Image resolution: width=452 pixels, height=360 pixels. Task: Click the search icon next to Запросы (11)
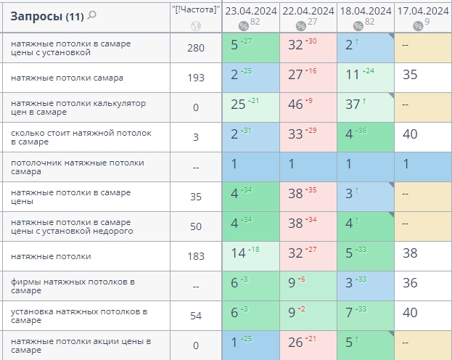92,15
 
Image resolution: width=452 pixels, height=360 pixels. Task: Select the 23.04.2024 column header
250,11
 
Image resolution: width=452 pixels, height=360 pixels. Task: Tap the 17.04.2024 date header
422,11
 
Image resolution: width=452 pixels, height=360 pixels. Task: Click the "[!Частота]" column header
195,10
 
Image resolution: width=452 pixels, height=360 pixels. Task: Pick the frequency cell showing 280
196,49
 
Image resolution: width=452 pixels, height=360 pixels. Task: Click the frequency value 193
196,78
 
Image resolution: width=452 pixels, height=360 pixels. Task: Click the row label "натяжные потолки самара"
67,78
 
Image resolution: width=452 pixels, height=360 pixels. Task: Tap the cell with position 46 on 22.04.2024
308,104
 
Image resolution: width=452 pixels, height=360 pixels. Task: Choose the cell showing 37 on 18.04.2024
365,104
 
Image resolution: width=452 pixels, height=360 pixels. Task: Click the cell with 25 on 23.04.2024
250,104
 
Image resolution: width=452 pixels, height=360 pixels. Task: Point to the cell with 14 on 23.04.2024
250,253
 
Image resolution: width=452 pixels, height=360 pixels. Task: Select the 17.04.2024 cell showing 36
422,283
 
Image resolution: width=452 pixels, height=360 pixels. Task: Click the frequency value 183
196,256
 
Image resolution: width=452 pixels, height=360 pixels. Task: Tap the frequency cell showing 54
196,316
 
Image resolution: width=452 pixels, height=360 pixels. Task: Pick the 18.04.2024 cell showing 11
365,75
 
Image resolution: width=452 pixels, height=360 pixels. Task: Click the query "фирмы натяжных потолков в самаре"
73,286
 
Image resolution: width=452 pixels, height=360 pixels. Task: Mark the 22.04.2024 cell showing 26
308,342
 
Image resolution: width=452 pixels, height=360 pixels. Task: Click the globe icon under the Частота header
195,26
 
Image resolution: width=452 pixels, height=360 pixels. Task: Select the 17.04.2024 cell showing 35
422,75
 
